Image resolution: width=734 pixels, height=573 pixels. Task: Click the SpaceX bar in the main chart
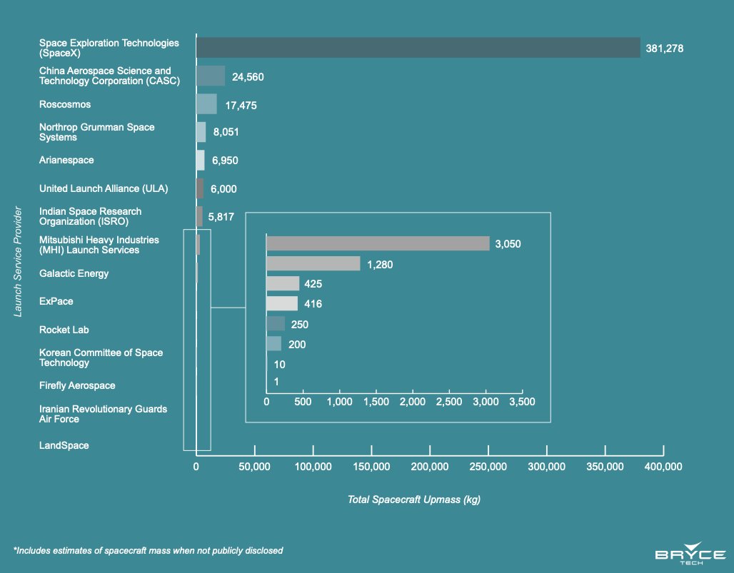pos(418,48)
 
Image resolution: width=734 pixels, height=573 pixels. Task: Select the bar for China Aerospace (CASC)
pos(211,76)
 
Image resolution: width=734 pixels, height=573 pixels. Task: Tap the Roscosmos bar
pos(206,104)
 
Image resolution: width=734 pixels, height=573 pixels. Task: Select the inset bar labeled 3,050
pos(378,243)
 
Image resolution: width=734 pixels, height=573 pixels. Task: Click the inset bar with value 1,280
pos(313,264)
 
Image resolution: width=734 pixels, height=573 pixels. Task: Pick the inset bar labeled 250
pos(276,324)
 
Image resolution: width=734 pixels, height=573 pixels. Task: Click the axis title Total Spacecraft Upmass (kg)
pos(414,500)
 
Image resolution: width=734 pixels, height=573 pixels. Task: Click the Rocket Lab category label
pos(64,330)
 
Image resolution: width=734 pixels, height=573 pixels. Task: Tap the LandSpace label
pos(64,445)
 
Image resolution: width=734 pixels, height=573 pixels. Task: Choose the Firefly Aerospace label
pos(77,385)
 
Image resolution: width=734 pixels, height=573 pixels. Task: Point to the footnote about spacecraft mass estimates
pos(149,550)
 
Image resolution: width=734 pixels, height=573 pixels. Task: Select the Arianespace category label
pos(66,161)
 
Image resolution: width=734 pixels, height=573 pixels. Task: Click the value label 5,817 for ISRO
pos(221,217)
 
